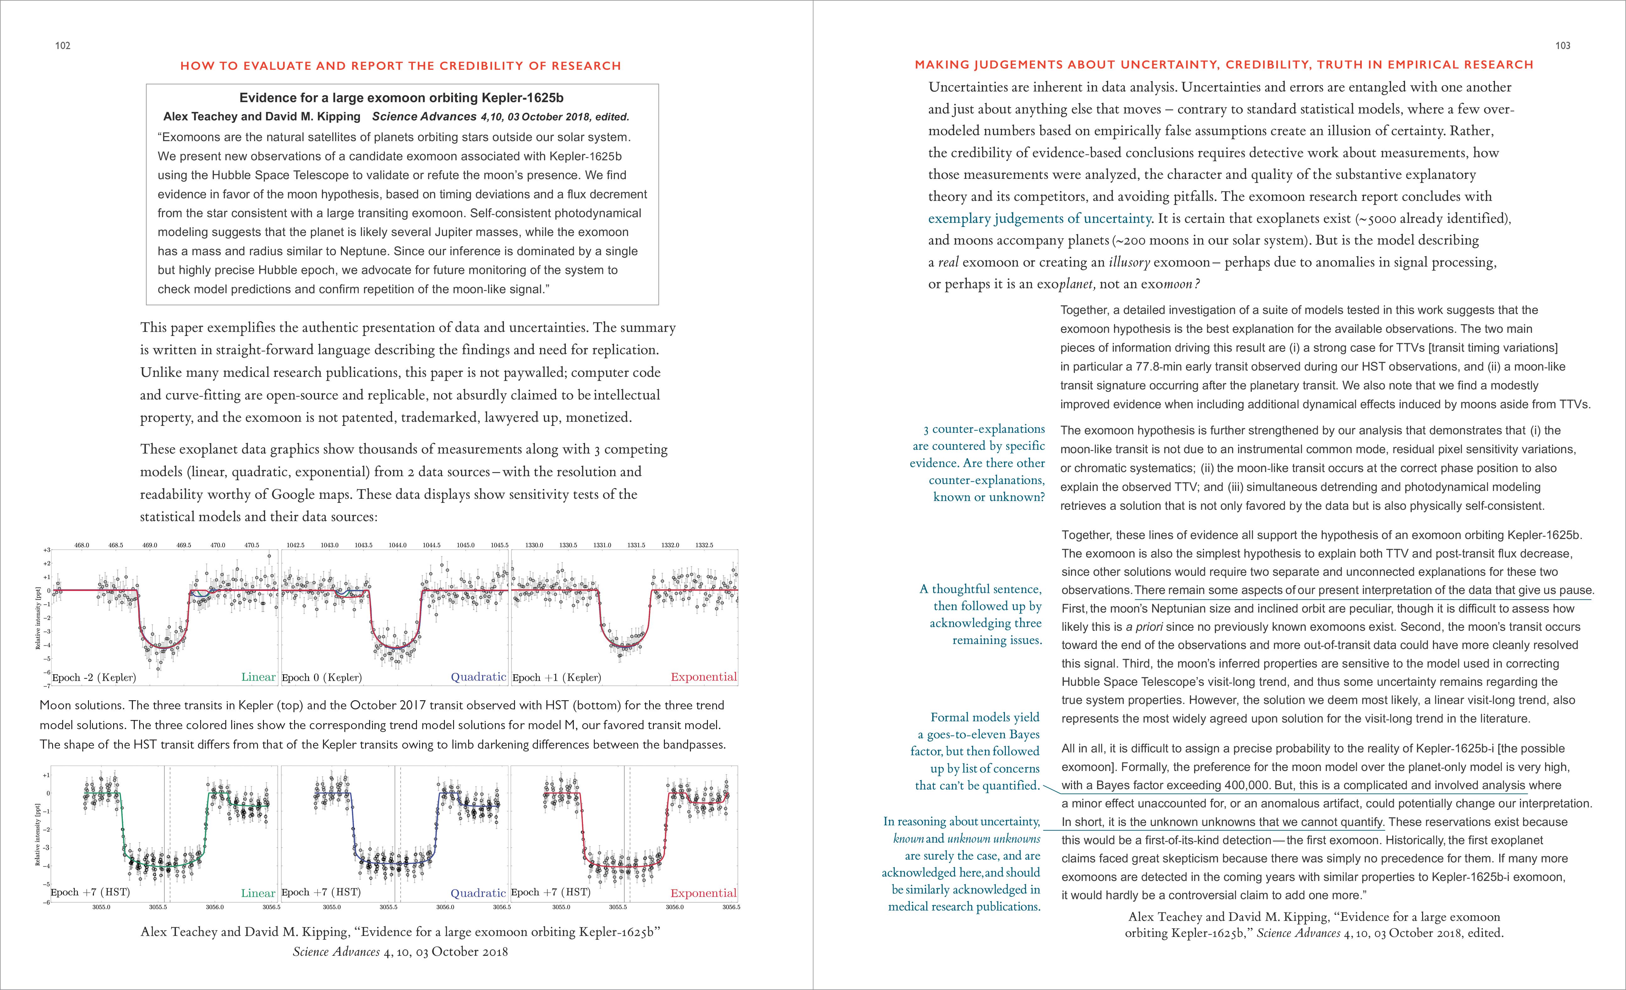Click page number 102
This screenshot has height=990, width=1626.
(x=63, y=46)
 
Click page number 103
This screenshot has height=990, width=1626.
(x=1563, y=46)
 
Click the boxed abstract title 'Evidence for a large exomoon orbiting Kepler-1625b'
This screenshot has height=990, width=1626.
(x=401, y=98)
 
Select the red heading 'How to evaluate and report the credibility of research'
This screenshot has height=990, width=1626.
(x=401, y=66)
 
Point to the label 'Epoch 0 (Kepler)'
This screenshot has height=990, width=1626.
(x=321, y=678)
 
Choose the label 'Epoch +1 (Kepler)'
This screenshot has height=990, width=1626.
(x=556, y=678)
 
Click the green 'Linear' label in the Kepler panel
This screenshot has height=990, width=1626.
(x=258, y=677)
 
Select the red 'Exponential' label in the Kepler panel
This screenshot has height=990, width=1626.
(x=704, y=677)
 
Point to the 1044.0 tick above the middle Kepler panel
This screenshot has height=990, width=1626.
(x=397, y=545)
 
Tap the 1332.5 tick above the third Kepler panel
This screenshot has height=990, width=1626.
(x=704, y=545)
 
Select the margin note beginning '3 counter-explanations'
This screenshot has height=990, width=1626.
(x=978, y=463)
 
